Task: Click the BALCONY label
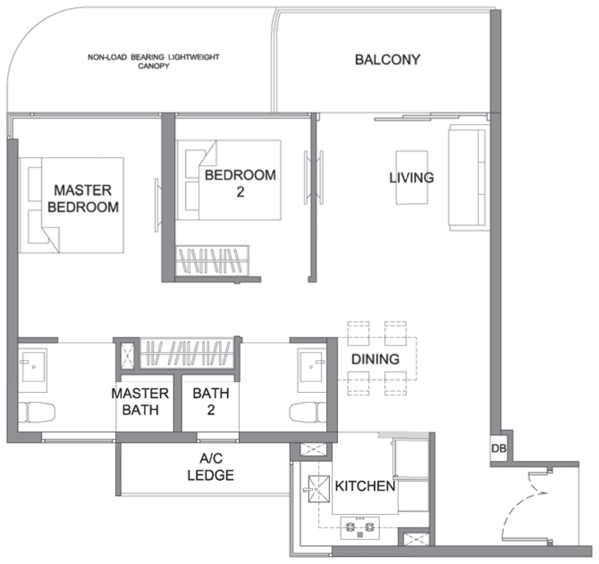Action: tap(388, 60)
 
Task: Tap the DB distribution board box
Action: tap(498, 449)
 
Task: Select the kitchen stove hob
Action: tap(360, 528)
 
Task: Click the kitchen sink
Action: tap(319, 489)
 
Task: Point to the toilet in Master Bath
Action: tap(37, 412)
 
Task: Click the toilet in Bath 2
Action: tap(308, 412)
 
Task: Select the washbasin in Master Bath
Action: tap(33, 370)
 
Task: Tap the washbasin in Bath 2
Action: tap(312, 370)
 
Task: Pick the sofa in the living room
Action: tap(469, 177)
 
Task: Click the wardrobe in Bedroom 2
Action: tap(212, 260)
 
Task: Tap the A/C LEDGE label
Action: tap(211, 467)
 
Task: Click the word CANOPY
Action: tap(153, 66)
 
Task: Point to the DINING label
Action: tap(375, 359)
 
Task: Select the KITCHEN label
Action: tap(365, 486)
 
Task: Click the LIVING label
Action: tap(412, 177)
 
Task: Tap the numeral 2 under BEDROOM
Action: tap(240, 192)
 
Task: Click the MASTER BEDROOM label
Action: tap(83, 199)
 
